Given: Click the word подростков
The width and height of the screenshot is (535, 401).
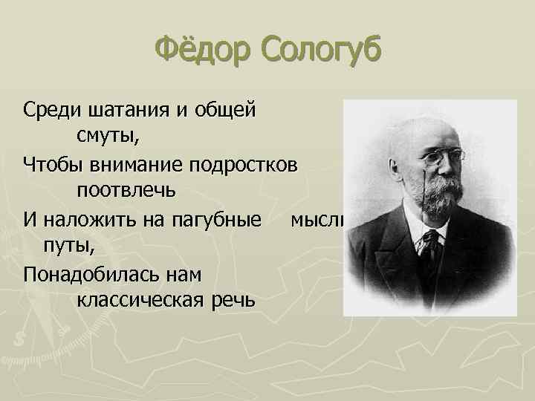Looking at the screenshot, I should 246,163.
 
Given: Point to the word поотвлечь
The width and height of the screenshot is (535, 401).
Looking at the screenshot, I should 126,189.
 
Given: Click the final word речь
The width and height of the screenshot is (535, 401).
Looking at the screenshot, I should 234,299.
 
